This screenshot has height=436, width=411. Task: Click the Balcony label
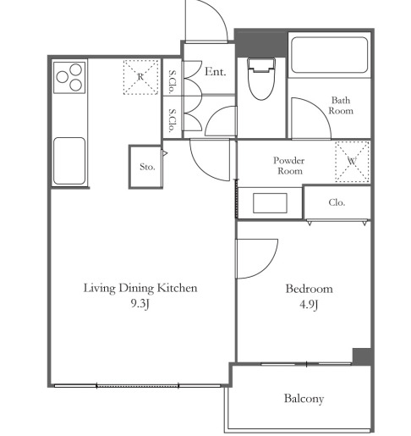pyautogui.click(x=304, y=399)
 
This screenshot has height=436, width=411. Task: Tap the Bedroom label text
pyautogui.click(x=309, y=289)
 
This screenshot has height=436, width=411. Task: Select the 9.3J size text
pyautogui.click(x=140, y=304)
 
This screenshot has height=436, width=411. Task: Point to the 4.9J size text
pyautogui.click(x=309, y=305)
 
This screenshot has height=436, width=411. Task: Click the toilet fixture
pyautogui.click(x=261, y=79)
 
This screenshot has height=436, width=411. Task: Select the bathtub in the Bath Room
pyautogui.click(x=329, y=55)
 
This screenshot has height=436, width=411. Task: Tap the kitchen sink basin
pyautogui.click(x=69, y=161)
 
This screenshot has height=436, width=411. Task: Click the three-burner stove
pyautogui.click(x=69, y=77)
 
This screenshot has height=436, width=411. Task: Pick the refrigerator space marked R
pyautogui.click(x=140, y=77)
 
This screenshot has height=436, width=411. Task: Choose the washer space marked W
pyautogui.click(x=352, y=162)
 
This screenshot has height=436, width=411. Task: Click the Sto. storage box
pyautogui.click(x=145, y=167)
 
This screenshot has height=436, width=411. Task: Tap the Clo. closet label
pyautogui.click(x=337, y=202)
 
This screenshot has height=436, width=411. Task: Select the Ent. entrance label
pyautogui.click(x=216, y=71)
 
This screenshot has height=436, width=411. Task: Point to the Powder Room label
pyautogui.click(x=289, y=166)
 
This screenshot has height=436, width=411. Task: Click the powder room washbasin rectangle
pyautogui.click(x=270, y=203)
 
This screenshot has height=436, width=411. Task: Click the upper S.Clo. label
pyautogui.click(x=172, y=82)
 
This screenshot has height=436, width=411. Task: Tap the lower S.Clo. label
pyautogui.click(x=172, y=120)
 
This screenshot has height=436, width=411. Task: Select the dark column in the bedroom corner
pyautogui.click(x=362, y=356)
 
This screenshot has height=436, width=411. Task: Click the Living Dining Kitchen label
pyautogui.click(x=140, y=288)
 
